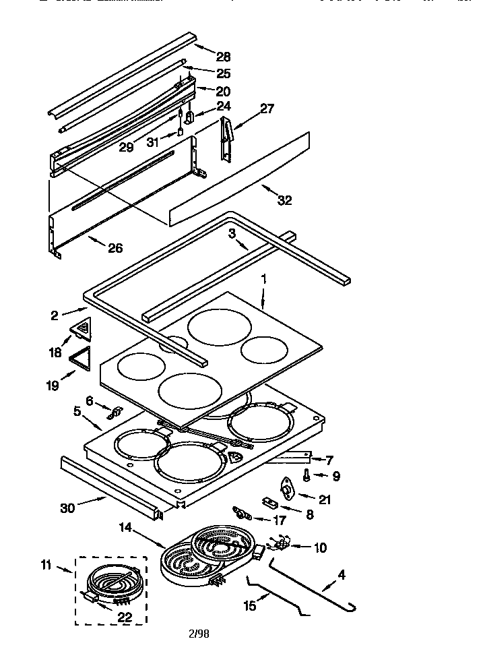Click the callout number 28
click(x=223, y=56)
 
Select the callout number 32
click(x=284, y=200)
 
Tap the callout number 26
click(x=115, y=248)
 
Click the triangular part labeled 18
click(x=83, y=329)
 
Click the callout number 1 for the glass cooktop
click(x=264, y=278)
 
